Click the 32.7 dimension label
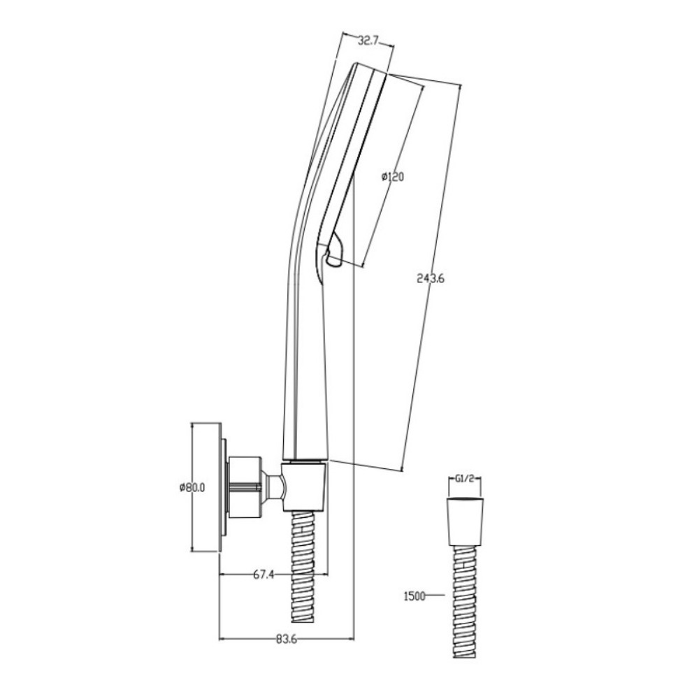click(x=368, y=41)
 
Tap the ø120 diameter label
click(x=393, y=177)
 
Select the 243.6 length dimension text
click(x=431, y=279)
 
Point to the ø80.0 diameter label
click(x=192, y=488)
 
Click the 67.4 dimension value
click(x=264, y=575)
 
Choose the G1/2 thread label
click(x=465, y=479)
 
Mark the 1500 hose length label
click(x=414, y=595)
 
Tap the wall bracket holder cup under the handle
click(x=305, y=487)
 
